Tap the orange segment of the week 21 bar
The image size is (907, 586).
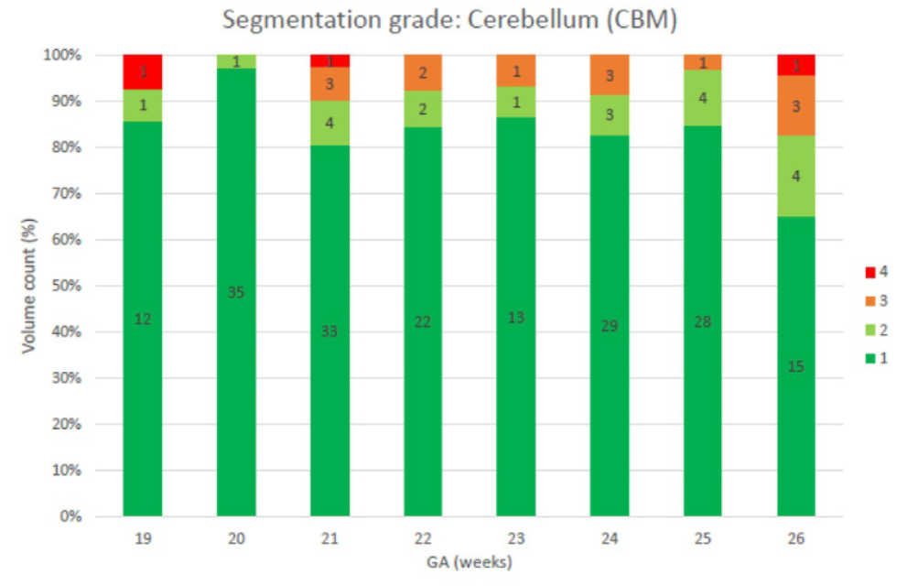click(x=329, y=84)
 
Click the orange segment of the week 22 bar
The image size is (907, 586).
click(x=423, y=72)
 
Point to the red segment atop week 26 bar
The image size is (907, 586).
click(x=796, y=65)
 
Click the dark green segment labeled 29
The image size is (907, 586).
click(x=610, y=326)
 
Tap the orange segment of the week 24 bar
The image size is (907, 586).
click(x=610, y=75)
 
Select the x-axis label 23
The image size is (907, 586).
click(x=516, y=538)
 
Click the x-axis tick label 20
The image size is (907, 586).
click(x=236, y=538)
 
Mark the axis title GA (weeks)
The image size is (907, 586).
click(x=470, y=560)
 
